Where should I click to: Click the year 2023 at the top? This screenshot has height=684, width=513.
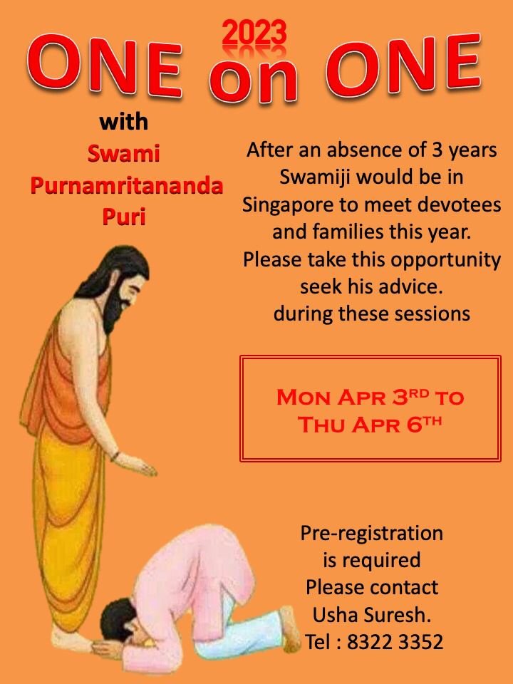[x=254, y=34]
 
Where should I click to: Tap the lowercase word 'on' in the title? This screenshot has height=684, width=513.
[x=254, y=81]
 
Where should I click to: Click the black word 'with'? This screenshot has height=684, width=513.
[x=124, y=122]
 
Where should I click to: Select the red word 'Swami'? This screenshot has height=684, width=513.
[x=124, y=154]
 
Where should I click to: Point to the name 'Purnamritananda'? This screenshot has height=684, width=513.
[x=127, y=185]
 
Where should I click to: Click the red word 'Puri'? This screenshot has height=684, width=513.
[x=124, y=217]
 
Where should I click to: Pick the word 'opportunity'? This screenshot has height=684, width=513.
[x=445, y=260]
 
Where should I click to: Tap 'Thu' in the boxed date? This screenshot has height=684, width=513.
[x=322, y=425]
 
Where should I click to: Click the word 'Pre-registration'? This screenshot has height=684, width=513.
[x=372, y=534]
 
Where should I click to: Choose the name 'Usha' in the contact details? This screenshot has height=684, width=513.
[x=336, y=615]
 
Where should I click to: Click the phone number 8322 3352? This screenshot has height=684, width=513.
[x=395, y=642]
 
